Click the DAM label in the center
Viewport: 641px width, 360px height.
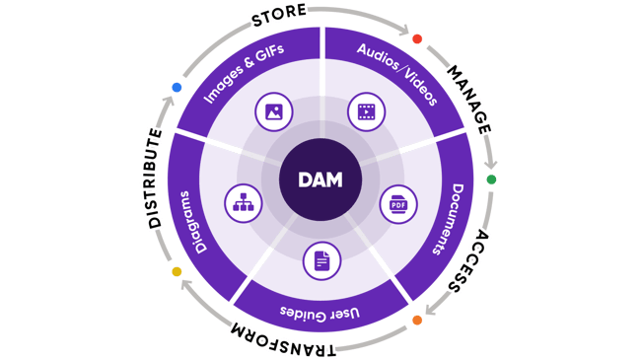coord(320,180)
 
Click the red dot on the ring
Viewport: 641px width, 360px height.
coord(417,39)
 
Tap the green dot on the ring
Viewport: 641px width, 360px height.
coord(491,180)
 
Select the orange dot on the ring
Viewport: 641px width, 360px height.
coord(416,321)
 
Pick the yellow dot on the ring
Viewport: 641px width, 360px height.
coord(177,271)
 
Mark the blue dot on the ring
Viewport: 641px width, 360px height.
coord(177,87)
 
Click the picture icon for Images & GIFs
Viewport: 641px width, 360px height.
coord(272,112)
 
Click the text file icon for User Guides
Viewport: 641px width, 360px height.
coord(320,260)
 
